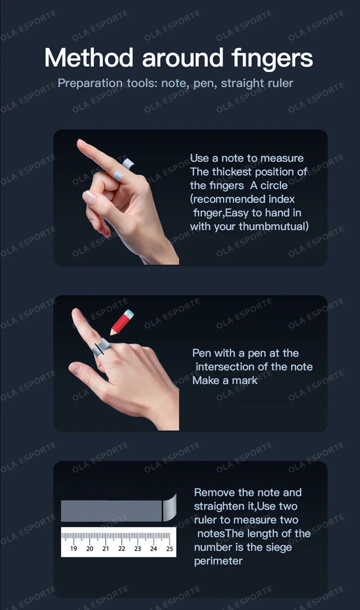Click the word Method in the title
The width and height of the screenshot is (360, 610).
(x=89, y=58)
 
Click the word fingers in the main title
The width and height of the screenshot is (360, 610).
(x=272, y=59)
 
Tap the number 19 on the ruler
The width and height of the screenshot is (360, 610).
(x=73, y=548)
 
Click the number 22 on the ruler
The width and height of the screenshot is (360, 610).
(x=122, y=548)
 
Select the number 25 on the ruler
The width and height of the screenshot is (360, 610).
(x=170, y=549)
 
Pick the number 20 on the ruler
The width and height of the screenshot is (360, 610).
(x=90, y=548)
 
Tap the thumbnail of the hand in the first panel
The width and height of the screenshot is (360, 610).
(x=90, y=198)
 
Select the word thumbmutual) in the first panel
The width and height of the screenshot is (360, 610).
(x=274, y=226)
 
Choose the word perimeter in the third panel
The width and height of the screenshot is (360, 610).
(x=218, y=561)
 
